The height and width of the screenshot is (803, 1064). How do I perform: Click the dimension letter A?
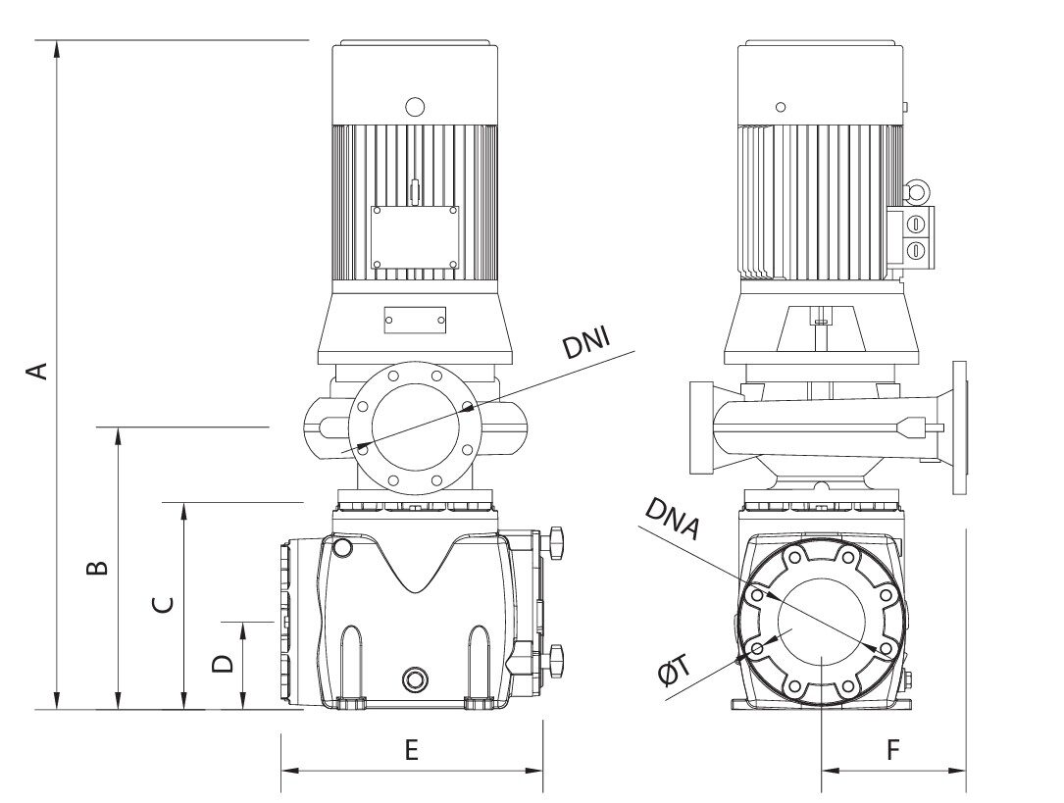36,372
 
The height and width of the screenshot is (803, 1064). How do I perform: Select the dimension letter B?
95,569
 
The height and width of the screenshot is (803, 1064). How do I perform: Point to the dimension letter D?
224,664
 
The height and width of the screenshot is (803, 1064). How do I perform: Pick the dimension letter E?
412,750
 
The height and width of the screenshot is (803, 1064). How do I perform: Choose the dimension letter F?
892,750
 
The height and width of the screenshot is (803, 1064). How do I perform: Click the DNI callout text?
585,345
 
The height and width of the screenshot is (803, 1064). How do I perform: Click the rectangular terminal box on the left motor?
415,236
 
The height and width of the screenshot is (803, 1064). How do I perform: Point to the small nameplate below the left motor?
415,319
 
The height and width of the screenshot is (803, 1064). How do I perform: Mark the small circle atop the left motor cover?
415,106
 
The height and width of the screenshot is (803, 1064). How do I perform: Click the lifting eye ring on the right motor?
916,189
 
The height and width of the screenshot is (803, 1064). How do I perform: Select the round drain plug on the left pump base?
415,679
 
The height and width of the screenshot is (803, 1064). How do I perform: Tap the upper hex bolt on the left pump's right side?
557,539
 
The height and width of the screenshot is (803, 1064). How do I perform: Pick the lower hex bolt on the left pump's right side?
557,659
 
